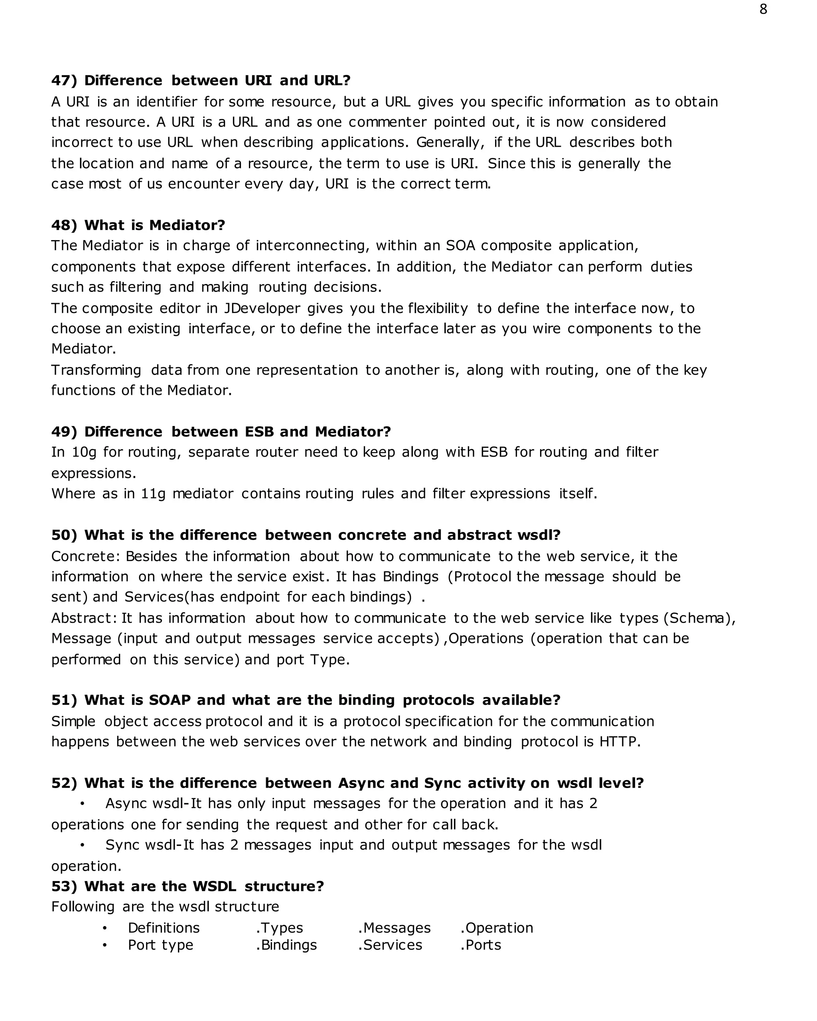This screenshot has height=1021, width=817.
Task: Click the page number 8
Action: (x=763, y=10)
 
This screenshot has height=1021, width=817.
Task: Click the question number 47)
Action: (x=64, y=81)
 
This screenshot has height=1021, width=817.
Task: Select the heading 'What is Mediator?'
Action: (x=154, y=225)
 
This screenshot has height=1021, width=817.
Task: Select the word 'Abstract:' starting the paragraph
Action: (x=84, y=618)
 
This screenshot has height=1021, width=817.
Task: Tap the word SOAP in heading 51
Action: (x=170, y=700)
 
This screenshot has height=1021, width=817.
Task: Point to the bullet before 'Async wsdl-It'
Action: (x=83, y=804)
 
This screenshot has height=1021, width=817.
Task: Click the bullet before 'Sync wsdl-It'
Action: (x=83, y=845)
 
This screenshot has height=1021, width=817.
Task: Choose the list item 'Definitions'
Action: (x=164, y=928)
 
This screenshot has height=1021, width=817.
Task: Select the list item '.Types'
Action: (x=279, y=928)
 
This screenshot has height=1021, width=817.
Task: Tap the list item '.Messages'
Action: (x=395, y=928)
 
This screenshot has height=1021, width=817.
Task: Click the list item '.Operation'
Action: (x=497, y=928)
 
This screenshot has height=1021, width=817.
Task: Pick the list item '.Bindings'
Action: (x=286, y=945)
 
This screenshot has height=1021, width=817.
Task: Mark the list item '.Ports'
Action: (x=481, y=945)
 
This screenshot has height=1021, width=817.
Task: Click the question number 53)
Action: (x=64, y=886)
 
